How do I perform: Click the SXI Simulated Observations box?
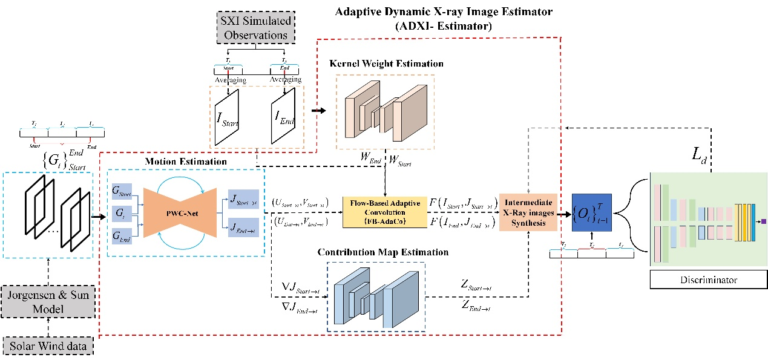click(254, 27)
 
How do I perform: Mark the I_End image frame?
click(283, 116)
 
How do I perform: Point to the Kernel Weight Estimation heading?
click(386, 64)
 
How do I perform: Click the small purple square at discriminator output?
click(764, 221)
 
